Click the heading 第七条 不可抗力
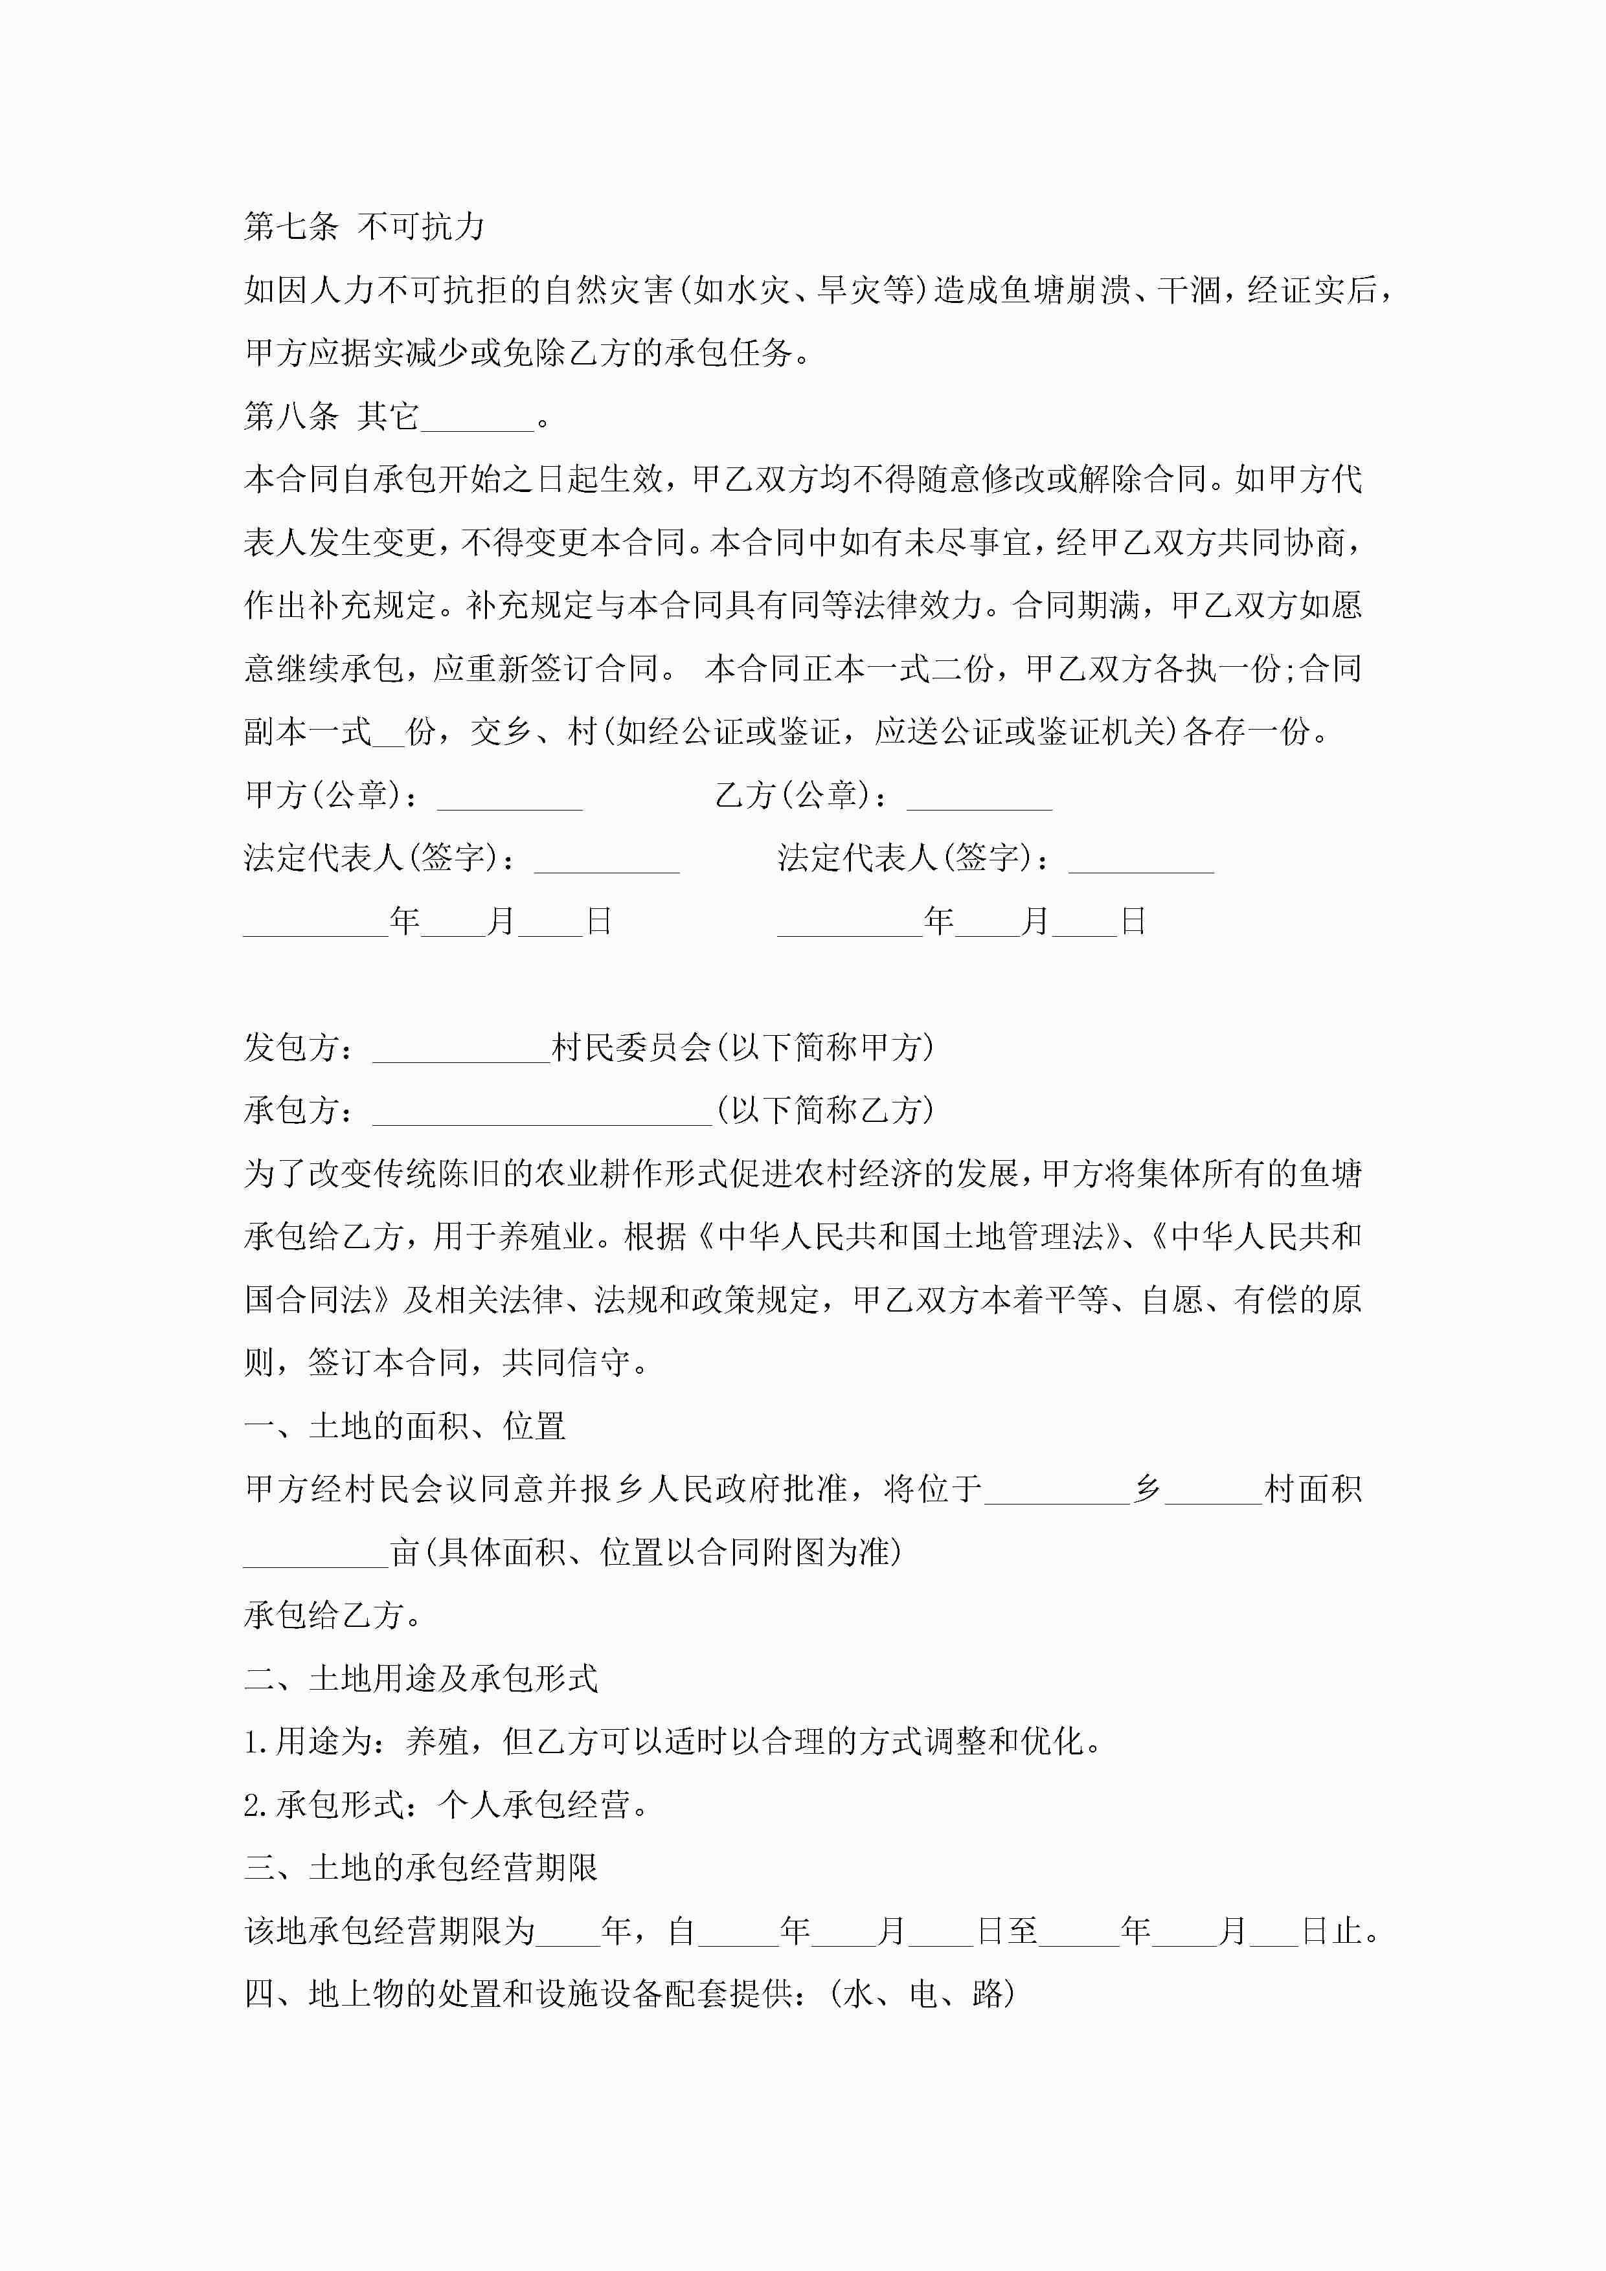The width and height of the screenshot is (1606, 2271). tap(364, 227)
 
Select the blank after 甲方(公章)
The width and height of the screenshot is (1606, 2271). tap(510, 797)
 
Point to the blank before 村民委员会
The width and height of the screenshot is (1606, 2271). tap(460, 1049)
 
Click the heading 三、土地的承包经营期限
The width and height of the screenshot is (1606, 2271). tap(420, 1868)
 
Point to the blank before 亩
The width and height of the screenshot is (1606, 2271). tap(315, 1554)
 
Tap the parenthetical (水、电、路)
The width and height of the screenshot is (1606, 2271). tap(922, 1994)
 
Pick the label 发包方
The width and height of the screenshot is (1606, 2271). tap(291, 1049)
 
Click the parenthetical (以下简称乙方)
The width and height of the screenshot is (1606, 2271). tap(824, 1112)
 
